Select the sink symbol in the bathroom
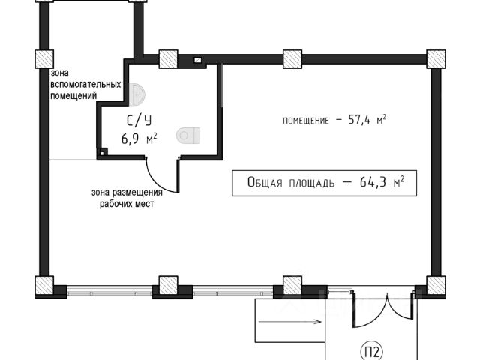point(137,94)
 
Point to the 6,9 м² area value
point(139,138)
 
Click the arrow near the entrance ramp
point(290,322)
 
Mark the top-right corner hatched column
point(435,58)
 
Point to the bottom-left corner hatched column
point(44,285)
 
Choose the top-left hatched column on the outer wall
point(43,59)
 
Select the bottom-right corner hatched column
point(435,285)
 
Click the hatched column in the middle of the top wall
point(292,58)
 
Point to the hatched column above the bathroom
point(168,59)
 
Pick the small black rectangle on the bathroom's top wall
point(198,58)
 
